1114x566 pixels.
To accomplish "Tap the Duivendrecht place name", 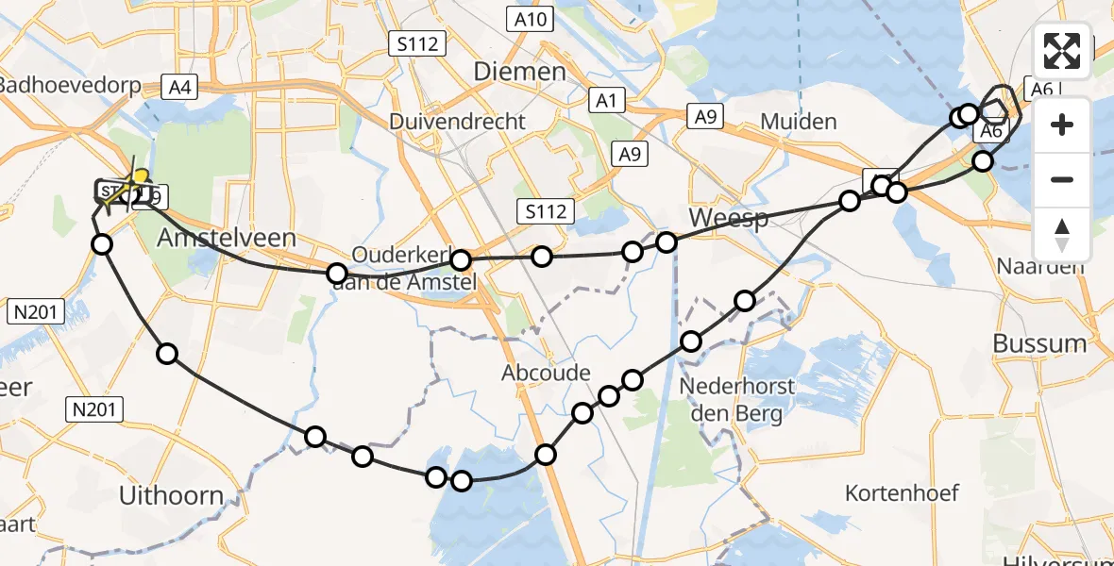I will tap(457, 122).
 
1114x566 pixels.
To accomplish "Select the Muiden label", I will tap(798, 122).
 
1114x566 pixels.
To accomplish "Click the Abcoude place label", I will tap(546, 373).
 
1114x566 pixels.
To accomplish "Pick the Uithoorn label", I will tap(172, 495).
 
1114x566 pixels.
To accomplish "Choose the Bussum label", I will tap(1039, 343).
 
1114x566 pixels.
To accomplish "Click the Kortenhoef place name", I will tap(902, 492).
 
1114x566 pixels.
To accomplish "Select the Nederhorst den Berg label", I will tap(737, 399).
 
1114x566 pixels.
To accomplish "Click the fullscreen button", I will tap(1062, 51).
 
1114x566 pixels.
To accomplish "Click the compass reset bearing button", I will tap(1062, 234).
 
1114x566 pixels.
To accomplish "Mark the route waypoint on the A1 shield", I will tap(882, 186).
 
